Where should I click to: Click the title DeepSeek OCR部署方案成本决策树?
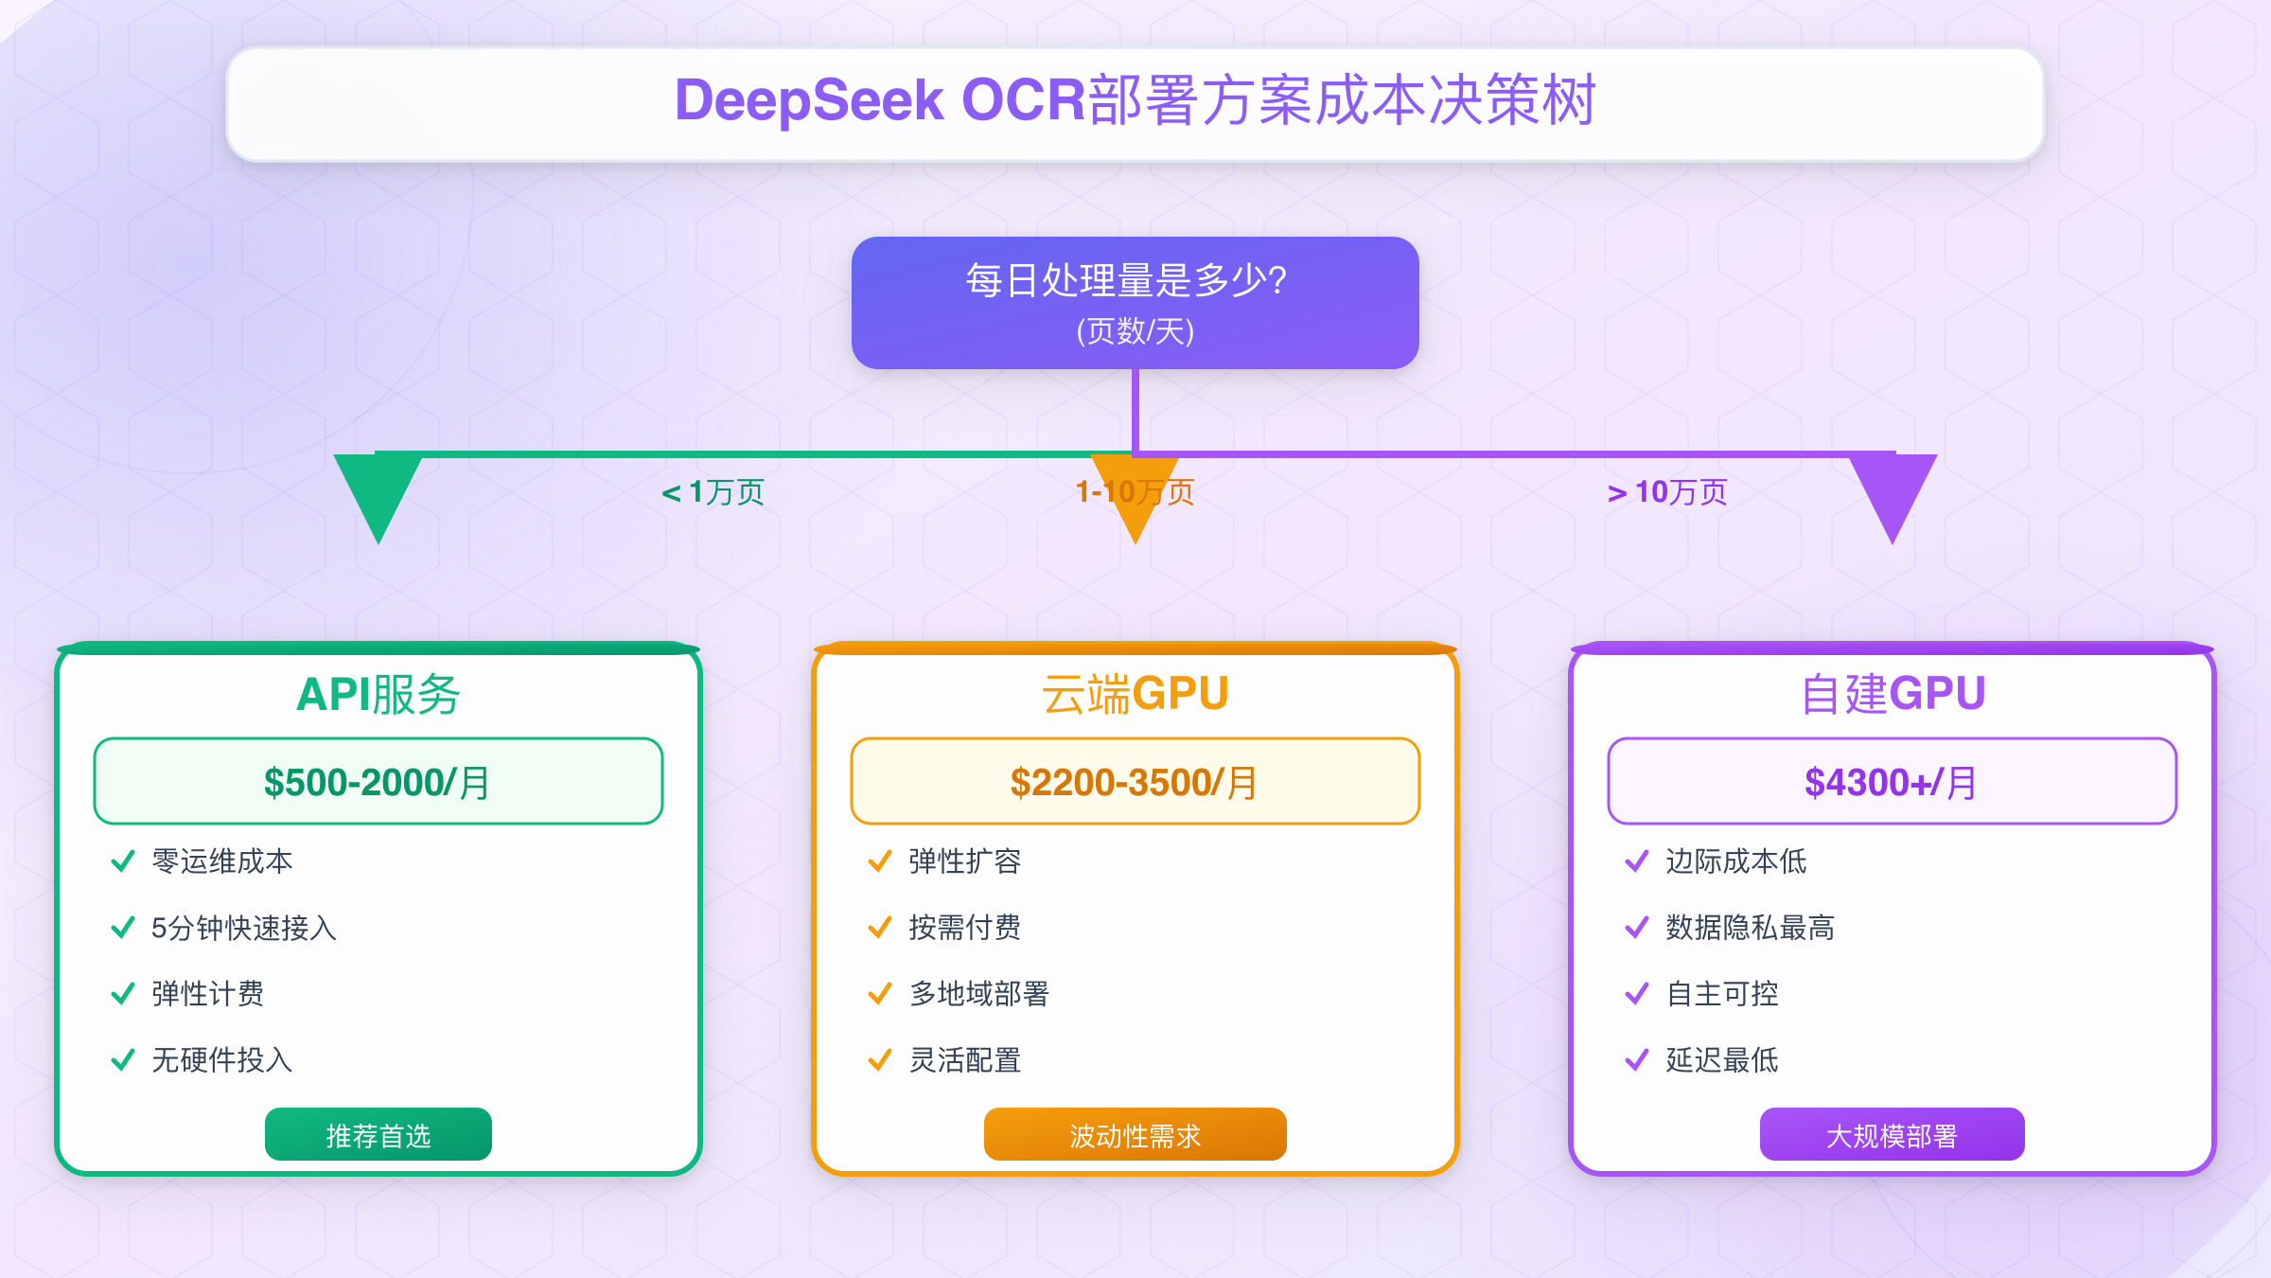click(1135, 100)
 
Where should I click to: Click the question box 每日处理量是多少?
click(1135, 303)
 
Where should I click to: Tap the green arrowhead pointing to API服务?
click(378, 492)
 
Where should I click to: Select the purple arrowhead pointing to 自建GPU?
click(1892, 492)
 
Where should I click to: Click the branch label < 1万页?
click(713, 492)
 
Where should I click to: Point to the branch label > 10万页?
click(1667, 492)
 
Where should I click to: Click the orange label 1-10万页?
click(1135, 492)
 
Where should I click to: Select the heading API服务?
click(378, 694)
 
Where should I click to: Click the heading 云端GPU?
click(1135, 694)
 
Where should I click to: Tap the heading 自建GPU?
click(1892, 694)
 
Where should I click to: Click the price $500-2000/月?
click(378, 782)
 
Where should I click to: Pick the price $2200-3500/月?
click(1135, 782)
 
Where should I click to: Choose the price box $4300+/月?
click(1892, 782)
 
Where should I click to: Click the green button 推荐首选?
click(378, 1134)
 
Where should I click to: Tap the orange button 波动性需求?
click(1135, 1134)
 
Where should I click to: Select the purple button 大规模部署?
click(1892, 1134)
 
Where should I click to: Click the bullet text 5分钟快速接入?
click(244, 928)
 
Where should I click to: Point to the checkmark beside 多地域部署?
click(880, 994)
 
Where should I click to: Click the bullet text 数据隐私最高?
click(1751, 928)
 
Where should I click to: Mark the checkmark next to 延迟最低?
click(1637, 1060)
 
